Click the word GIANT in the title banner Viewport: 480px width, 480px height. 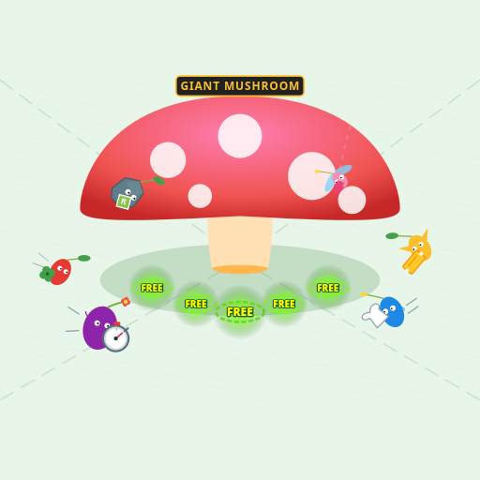coord(200,86)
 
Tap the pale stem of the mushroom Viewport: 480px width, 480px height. coord(240,245)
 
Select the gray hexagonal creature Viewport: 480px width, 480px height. coord(127,192)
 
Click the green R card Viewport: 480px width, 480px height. coord(124,202)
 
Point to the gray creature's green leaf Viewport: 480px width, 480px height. coord(158,181)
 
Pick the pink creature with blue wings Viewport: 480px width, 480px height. coord(339,180)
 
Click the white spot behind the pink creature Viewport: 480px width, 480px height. coord(311,176)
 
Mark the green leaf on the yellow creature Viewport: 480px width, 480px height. coord(392,235)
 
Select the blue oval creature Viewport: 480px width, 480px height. coord(392,312)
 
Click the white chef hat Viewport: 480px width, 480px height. coord(375,316)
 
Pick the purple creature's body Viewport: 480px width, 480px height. coord(97,327)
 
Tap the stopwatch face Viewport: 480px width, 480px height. coord(116,338)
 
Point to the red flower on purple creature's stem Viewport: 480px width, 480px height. coord(126,302)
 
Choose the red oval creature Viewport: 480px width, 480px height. coord(61,272)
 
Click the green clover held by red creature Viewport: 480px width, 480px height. coord(47,274)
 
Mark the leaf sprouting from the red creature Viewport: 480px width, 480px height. coord(83,258)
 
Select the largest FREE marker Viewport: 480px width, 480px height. coord(240,312)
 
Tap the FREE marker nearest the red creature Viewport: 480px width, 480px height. coord(152,288)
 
